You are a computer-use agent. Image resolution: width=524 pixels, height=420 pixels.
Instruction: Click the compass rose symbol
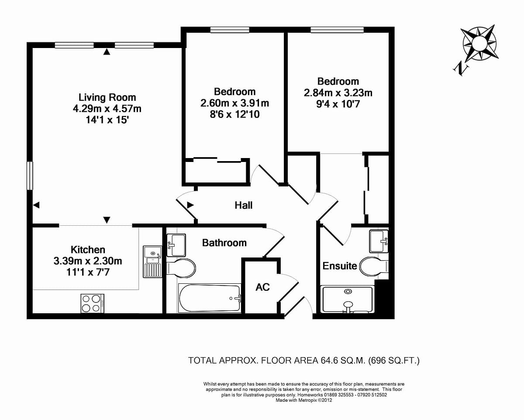479,43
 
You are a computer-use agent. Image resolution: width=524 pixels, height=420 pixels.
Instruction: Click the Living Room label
107,97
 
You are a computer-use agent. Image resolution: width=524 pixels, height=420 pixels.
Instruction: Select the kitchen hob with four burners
92,303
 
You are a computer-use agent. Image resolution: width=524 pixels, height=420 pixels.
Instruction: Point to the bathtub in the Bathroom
210,298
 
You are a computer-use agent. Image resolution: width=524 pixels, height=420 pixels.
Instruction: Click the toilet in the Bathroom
181,268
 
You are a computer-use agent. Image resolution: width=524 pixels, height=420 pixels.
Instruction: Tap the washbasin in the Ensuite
379,241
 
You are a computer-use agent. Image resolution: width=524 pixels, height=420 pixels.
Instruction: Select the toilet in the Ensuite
374,266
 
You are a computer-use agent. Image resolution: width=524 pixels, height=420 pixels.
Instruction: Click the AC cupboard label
262,287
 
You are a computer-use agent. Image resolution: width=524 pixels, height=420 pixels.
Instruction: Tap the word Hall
243,205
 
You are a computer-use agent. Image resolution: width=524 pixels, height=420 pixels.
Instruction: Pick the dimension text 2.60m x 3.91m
234,103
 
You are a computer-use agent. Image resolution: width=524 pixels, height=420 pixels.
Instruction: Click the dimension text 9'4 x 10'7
338,104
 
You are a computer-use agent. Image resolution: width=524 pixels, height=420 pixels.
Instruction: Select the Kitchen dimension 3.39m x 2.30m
88,261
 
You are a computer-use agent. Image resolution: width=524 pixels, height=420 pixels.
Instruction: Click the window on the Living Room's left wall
30,176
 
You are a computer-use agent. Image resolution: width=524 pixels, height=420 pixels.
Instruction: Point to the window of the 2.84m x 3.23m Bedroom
337,30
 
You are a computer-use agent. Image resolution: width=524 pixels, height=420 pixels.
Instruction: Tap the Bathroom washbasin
176,245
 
